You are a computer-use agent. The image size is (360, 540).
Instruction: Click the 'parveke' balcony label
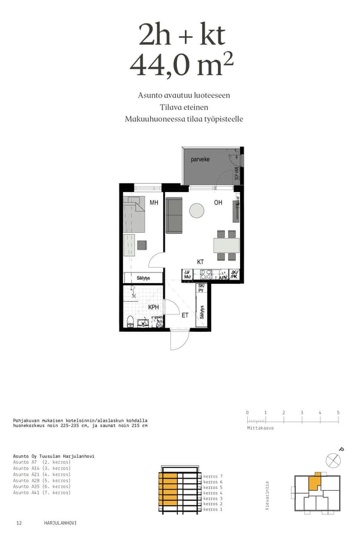[200, 160]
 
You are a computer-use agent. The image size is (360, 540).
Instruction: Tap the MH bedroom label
[154, 203]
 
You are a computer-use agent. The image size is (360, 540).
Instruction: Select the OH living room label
[218, 203]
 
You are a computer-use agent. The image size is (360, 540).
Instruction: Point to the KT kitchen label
[201, 262]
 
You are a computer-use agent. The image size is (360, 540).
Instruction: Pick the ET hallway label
[185, 314]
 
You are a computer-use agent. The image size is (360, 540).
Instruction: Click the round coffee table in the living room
[196, 210]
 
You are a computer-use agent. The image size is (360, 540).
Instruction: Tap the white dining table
[226, 245]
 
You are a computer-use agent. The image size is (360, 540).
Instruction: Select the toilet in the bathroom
[130, 320]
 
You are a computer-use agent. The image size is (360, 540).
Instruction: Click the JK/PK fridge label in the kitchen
[235, 275]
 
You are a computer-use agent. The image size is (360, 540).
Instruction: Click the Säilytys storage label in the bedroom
[143, 278]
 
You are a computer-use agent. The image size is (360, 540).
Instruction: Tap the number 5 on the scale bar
[338, 413]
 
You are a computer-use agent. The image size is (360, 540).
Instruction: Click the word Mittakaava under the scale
[260, 428]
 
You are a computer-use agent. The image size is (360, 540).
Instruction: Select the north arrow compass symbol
[332, 460]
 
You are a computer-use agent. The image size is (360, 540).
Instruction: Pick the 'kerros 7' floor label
[212, 476]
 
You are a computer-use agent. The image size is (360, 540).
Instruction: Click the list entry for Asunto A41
[42, 493]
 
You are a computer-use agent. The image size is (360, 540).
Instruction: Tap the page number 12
[19, 523]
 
